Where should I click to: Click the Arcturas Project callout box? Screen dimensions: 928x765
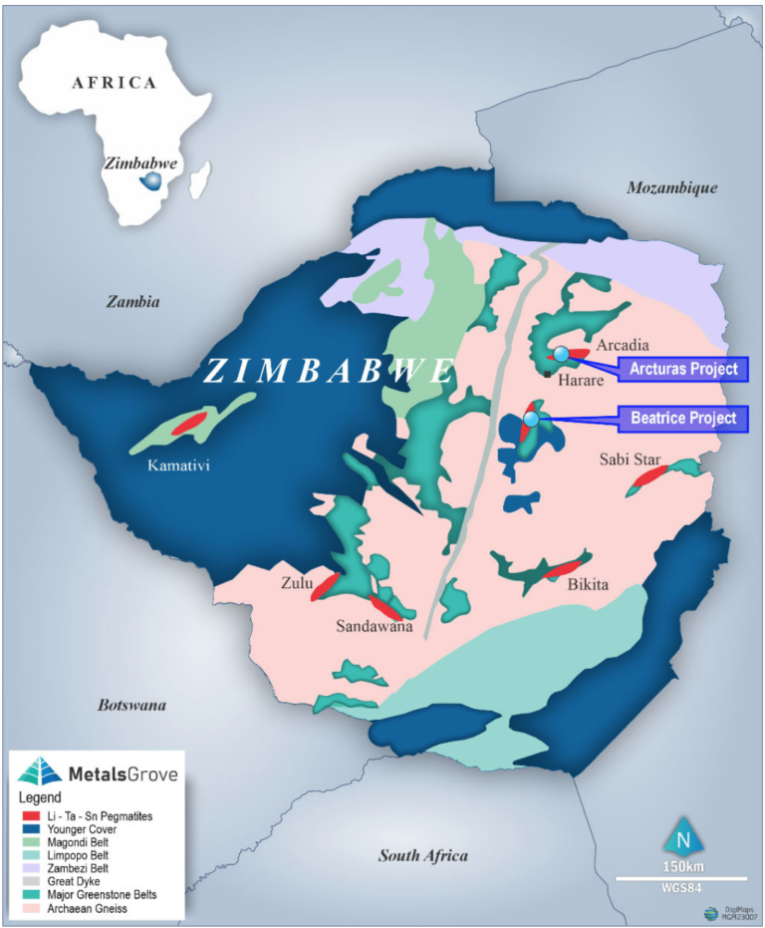coord(682,369)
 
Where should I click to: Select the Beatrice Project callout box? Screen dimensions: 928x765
coord(682,418)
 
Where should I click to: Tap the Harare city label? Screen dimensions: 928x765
coord(576,380)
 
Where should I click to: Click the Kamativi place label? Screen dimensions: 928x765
coord(179,464)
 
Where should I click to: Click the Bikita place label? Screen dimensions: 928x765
coord(587,584)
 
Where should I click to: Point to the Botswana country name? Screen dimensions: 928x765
coord(131,706)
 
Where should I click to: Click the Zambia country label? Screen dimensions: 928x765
coord(133,302)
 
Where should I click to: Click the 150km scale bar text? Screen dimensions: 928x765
coord(682,864)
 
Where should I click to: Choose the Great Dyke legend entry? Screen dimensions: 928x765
coord(92,881)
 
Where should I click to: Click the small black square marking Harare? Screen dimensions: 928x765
coord(548,374)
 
